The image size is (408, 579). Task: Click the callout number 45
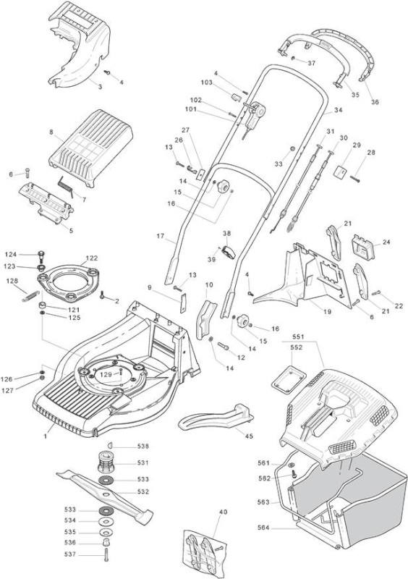point(250,436)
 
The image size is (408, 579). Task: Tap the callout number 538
point(143,446)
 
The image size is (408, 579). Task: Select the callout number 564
point(263,528)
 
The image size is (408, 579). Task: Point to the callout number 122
point(92,258)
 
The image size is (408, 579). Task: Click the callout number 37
point(312,63)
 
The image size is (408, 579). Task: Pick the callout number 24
point(386,242)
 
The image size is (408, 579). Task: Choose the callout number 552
point(297,347)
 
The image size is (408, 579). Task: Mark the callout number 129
point(106,374)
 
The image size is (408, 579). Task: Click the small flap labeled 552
point(289,378)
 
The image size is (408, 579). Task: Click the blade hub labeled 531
point(106,462)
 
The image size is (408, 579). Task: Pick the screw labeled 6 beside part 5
point(27,173)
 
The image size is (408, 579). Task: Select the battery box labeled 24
point(362,247)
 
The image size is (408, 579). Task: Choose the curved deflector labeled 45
point(216,418)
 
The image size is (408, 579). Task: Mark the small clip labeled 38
point(229,252)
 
